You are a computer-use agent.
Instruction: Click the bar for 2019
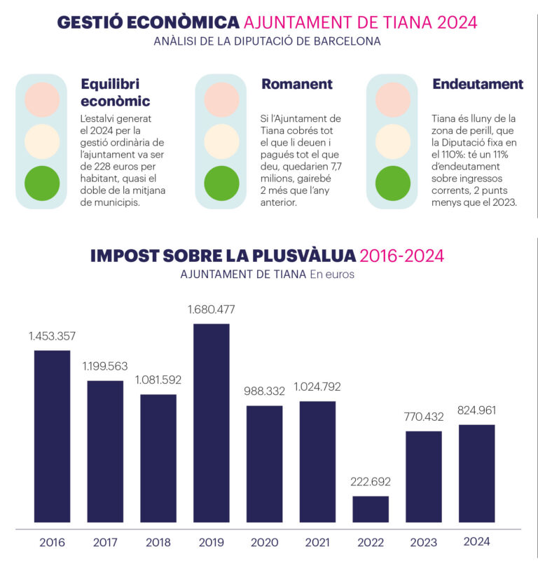[x=212, y=423]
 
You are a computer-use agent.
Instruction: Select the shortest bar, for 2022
[x=371, y=509]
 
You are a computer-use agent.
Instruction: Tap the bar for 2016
[x=53, y=436]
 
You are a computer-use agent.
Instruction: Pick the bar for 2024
[x=477, y=473]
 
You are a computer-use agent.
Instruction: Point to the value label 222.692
[x=371, y=482]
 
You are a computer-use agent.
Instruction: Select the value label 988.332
[x=265, y=391]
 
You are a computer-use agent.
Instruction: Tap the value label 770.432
[x=424, y=417]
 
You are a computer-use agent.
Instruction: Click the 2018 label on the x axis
[x=158, y=542]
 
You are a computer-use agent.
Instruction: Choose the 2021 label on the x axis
[x=317, y=542]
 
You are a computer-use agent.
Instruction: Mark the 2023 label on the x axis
[x=424, y=542]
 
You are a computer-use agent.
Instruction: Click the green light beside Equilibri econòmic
[x=43, y=183]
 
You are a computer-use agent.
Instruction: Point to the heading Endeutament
[x=478, y=84]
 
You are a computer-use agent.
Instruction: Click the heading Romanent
[x=297, y=84]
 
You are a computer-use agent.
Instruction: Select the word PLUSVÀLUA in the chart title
[x=299, y=256]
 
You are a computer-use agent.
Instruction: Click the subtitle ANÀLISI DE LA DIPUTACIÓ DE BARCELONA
[x=268, y=41]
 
